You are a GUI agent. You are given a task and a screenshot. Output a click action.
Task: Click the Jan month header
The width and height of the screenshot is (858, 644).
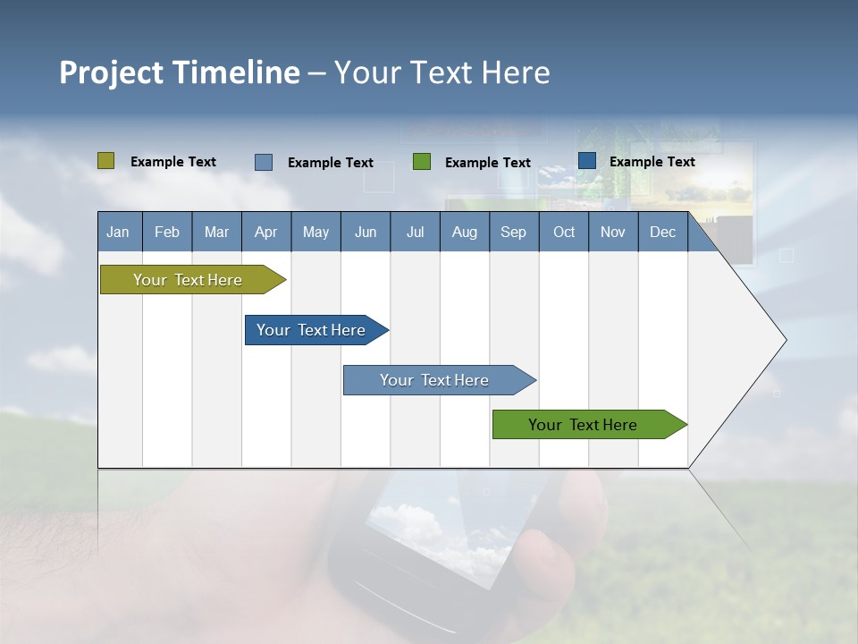point(118,232)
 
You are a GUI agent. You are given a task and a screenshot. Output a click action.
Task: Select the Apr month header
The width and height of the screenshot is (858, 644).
point(265,232)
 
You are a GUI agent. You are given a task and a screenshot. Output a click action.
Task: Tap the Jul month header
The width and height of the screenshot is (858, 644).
point(415,232)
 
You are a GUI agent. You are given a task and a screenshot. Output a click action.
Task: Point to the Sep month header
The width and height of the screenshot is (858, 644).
point(513,232)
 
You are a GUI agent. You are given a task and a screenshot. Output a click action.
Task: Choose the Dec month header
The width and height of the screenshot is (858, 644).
point(662,232)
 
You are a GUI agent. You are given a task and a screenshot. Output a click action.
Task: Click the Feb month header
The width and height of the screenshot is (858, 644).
point(167,232)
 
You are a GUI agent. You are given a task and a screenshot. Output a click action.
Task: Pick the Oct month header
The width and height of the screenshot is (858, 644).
point(564,232)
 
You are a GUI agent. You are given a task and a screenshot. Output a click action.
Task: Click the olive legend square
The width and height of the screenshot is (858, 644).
point(105,161)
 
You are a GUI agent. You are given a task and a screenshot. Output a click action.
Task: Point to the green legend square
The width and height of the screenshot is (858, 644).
point(422,162)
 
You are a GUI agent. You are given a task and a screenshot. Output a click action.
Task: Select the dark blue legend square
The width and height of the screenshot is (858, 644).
point(587,161)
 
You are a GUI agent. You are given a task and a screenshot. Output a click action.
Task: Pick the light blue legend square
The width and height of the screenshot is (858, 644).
point(264,162)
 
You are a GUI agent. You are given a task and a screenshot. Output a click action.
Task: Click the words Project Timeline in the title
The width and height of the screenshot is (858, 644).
point(179,72)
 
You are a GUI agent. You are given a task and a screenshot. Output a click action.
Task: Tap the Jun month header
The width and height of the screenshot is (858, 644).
point(366,232)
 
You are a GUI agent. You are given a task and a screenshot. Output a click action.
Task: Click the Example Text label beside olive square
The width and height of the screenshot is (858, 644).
point(173,162)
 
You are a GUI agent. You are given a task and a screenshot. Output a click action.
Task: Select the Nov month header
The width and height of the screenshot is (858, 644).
point(613,232)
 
